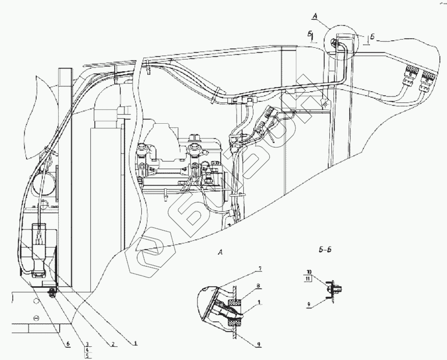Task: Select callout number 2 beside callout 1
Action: (112, 343)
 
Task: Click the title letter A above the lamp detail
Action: (220, 252)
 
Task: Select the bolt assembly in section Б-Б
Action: (334, 288)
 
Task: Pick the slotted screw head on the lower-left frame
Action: (36, 318)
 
